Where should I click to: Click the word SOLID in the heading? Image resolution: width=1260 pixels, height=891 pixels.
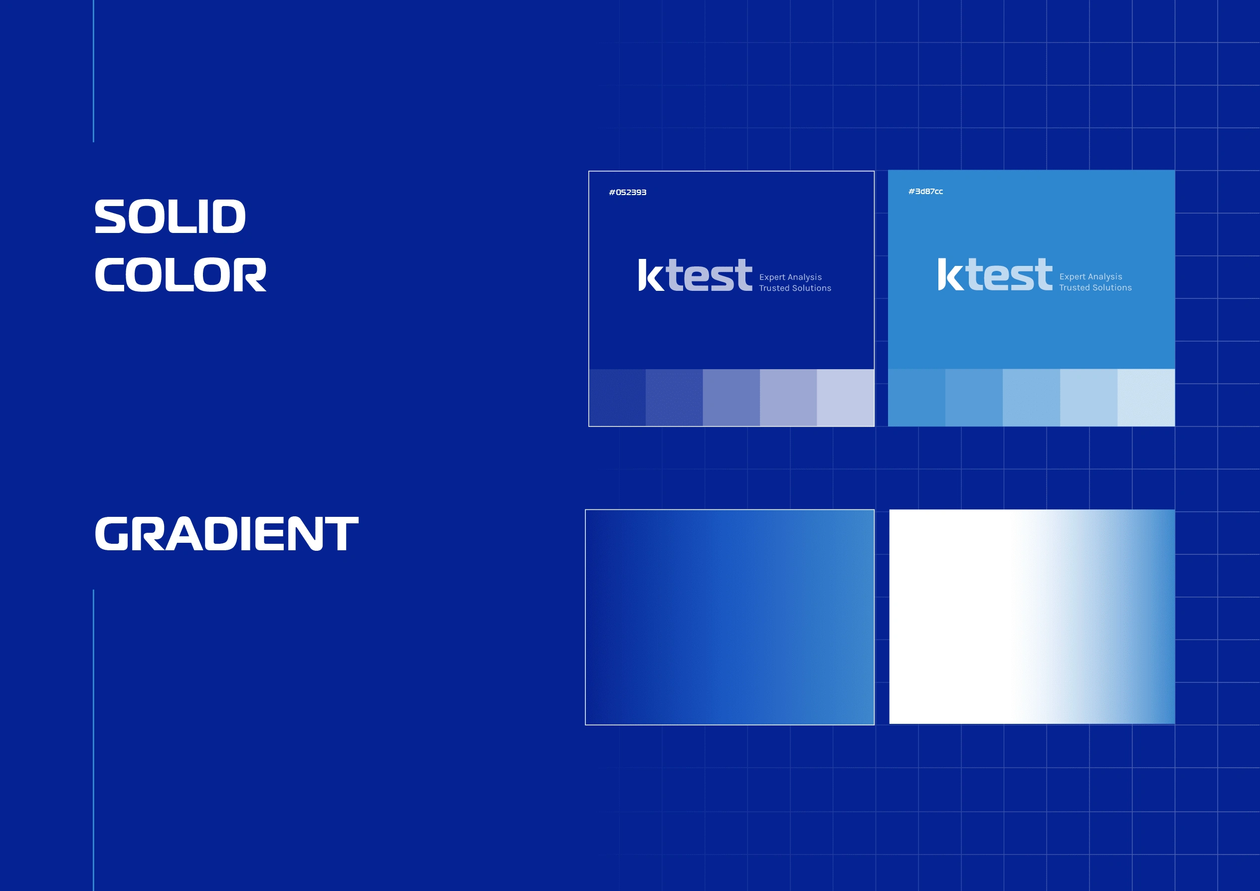coord(170,217)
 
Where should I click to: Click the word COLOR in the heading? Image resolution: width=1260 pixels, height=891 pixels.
coord(180,274)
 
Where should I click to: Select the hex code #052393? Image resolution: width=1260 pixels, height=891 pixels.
coord(627,192)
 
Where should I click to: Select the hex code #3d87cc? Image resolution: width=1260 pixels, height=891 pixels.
coord(925,191)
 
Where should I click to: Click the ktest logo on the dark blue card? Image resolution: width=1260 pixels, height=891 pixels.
coord(695,274)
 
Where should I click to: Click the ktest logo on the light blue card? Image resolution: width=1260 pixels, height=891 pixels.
coord(995,274)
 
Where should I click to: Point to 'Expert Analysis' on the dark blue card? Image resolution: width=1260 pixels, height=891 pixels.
coord(790,277)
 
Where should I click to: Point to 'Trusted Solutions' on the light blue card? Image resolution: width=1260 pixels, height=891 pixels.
coord(1095,288)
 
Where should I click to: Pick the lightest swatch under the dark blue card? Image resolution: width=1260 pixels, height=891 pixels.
coord(845,398)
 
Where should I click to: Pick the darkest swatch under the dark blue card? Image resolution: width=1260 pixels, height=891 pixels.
coord(617,398)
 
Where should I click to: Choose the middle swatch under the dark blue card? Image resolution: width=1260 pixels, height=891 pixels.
coord(731,398)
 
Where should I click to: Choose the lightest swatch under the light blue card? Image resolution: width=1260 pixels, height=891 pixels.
coord(1146,398)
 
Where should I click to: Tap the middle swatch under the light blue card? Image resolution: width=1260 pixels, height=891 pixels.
coord(1031,398)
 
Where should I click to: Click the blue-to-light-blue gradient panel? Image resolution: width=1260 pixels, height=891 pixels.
coord(729,617)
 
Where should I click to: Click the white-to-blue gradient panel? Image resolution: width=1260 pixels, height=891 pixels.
coord(1032,617)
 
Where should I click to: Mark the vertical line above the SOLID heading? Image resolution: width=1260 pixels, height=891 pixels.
coord(93,71)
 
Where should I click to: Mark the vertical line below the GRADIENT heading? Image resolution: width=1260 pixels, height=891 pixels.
coord(93,740)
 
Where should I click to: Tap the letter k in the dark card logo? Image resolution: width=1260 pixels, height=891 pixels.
coord(651,274)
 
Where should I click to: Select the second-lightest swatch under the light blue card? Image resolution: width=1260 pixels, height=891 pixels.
coord(1089,398)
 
